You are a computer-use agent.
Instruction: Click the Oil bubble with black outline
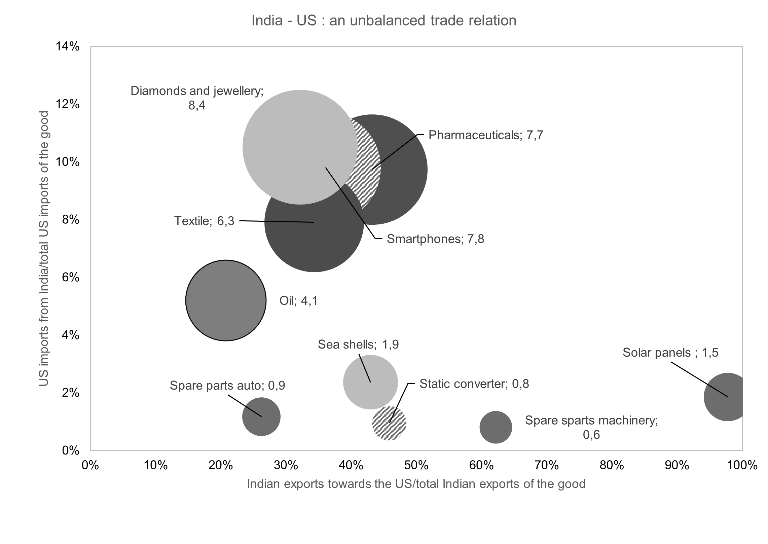pos(226,300)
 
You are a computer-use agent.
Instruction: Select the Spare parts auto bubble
pos(261,417)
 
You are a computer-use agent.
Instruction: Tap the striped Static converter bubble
pos(389,423)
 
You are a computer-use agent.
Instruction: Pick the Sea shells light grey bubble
pos(370,382)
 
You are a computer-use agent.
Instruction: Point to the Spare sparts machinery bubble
pos(496,427)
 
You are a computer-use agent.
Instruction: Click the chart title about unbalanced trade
pos(384,21)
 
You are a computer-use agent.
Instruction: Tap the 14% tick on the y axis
pos(68,47)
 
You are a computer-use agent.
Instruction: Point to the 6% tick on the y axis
pos(70,277)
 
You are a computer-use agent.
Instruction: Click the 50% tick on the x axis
pos(416,465)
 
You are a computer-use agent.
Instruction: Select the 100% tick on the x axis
pos(741,465)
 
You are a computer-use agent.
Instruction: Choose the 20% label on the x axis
pos(220,465)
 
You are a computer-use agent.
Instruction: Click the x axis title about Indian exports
pos(416,484)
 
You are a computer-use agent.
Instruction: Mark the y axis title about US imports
pos(44,249)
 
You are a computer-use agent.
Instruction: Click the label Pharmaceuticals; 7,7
pos(485,135)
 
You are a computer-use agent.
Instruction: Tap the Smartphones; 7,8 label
pos(435,239)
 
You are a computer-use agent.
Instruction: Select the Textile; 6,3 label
pos(204,221)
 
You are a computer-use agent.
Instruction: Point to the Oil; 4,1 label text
pos(298,300)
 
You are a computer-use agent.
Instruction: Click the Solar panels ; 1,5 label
pos(670,353)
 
